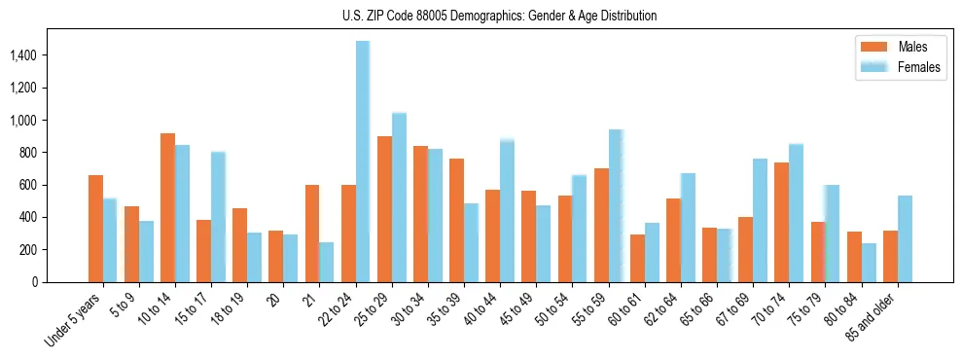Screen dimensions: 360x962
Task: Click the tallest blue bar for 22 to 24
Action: coord(363,162)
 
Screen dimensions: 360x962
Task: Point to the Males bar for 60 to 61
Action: coord(637,258)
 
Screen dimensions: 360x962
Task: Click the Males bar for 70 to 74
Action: coord(781,222)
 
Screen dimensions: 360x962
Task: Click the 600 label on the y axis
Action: coord(27,185)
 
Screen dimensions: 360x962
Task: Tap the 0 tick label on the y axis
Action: coord(34,282)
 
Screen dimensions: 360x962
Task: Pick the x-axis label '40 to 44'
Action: coord(477,313)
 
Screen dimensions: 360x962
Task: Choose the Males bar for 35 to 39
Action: coord(456,220)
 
